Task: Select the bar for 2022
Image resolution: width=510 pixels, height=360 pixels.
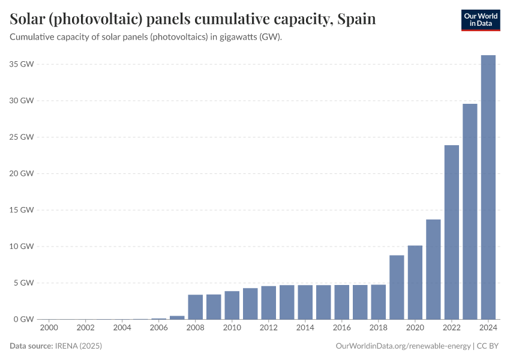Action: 452,232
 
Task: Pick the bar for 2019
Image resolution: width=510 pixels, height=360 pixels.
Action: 397,287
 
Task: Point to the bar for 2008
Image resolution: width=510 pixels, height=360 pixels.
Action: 196,307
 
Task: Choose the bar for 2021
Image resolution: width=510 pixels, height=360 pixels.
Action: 433,269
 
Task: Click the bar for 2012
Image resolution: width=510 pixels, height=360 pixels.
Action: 269,302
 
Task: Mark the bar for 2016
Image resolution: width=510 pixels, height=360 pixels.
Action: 342,302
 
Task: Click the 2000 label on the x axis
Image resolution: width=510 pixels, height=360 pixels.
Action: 49,328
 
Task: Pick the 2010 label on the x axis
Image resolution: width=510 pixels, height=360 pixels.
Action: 232,328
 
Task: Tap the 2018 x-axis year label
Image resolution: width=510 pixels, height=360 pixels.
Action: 379,328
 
